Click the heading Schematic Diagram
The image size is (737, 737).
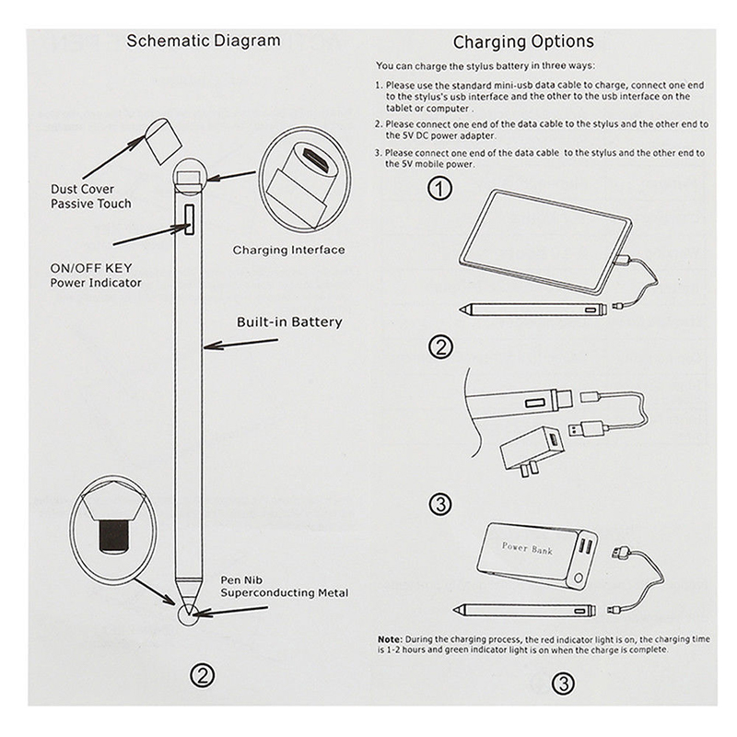203,41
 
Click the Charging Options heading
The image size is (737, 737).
523,41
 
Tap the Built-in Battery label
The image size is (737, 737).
288,322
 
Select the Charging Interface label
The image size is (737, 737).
288,250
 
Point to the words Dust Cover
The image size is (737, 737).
83,189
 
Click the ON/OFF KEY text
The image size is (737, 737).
91,267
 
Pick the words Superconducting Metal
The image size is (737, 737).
284,593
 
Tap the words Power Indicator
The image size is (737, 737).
96,282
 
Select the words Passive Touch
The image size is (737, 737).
91,204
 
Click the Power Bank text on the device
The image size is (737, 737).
527,548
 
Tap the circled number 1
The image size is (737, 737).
442,189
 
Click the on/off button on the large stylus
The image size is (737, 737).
190,221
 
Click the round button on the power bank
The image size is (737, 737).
579,580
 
